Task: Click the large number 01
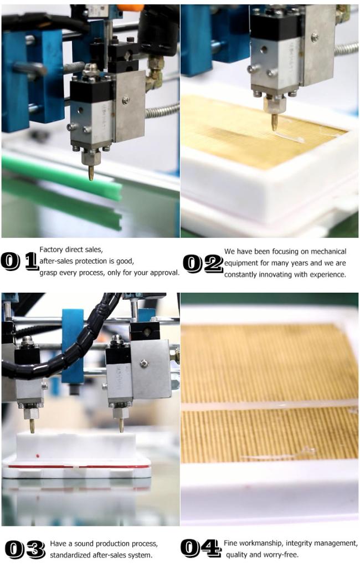(x=20, y=261)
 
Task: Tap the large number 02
(x=203, y=263)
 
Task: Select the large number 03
(x=25, y=549)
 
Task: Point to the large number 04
(x=200, y=548)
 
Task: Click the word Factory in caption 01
(x=52, y=249)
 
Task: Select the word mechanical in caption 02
(x=328, y=251)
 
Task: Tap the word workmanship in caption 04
(x=261, y=543)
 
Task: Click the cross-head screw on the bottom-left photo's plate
(x=144, y=363)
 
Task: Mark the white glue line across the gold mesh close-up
(x=269, y=405)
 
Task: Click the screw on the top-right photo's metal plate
(x=315, y=37)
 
